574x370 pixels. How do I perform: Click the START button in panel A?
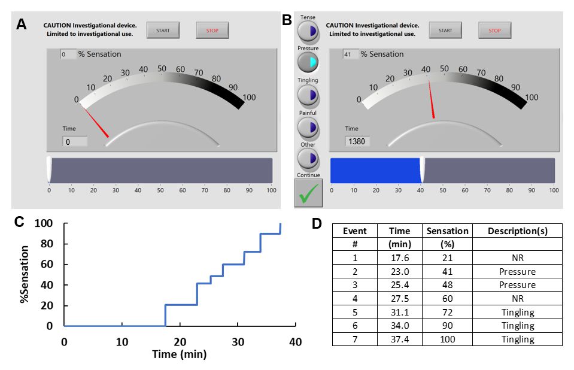click(163, 30)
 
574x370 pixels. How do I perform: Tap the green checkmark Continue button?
click(308, 193)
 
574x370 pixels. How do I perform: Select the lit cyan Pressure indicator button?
click(308, 62)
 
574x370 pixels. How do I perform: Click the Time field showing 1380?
click(357, 141)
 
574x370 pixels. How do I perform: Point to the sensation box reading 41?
click(350, 54)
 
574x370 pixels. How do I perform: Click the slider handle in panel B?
click(423, 170)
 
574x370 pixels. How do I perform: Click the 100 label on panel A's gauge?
click(248, 98)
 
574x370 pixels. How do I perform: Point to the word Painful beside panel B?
click(308, 113)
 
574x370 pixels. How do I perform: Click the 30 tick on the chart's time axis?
click(238, 341)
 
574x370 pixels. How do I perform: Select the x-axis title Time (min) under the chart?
click(179, 354)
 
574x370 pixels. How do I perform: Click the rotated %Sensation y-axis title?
click(25, 274)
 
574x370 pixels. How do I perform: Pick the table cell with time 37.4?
click(399, 339)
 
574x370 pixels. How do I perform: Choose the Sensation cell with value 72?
click(447, 312)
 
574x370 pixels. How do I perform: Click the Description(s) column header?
click(517, 231)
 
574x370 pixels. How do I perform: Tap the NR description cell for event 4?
click(517, 298)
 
